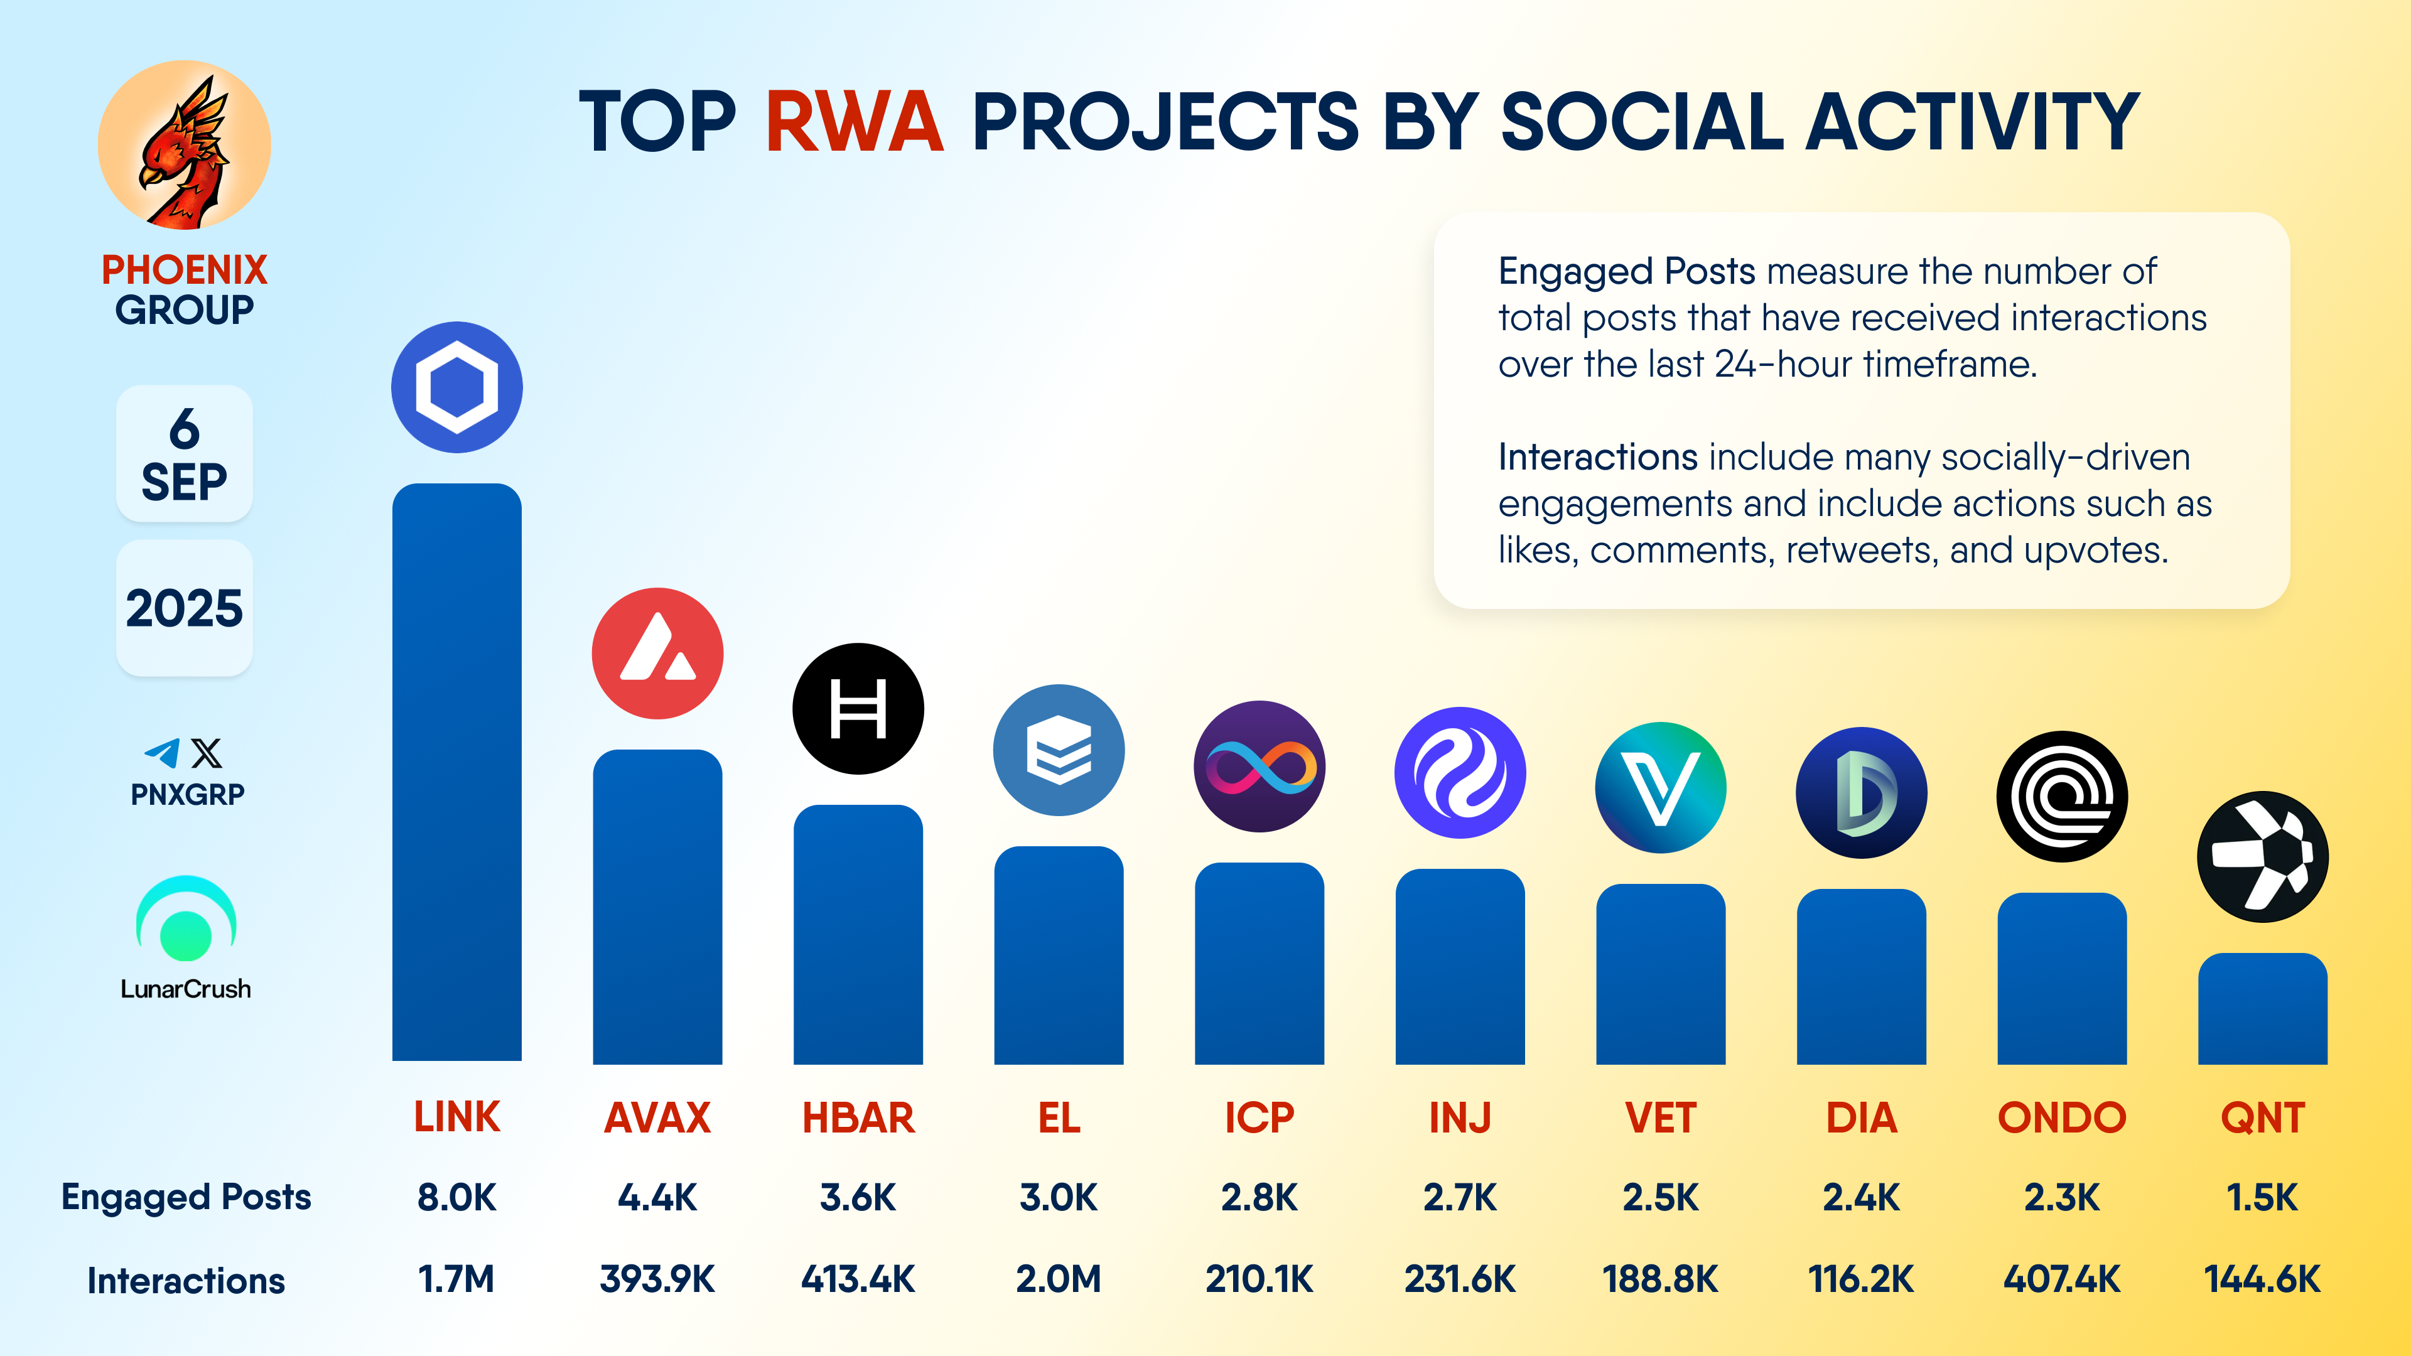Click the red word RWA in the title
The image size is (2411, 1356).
(855, 122)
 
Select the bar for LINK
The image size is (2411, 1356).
(456, 772)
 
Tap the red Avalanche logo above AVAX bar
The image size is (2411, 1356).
(658, 653)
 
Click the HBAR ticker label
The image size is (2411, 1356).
(858, 1117)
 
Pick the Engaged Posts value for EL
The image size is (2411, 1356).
(1059, 1197)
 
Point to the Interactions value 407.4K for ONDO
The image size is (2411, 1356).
(2062, 1279)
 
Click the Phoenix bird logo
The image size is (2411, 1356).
(185, 145)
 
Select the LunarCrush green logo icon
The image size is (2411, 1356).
(186, 919)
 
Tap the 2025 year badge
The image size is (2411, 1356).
(185, 608)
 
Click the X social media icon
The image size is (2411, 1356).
(207, 753)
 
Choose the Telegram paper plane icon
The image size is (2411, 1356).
(163, 753)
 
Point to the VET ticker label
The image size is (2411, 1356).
(1660, 1117)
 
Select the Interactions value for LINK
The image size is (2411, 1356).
(456, 1279)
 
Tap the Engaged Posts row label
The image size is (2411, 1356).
(186, 1198)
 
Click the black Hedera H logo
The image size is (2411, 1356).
(858, 708)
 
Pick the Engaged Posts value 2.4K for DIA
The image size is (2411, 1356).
(1862, 1197)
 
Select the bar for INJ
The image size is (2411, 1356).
(1460, 967)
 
